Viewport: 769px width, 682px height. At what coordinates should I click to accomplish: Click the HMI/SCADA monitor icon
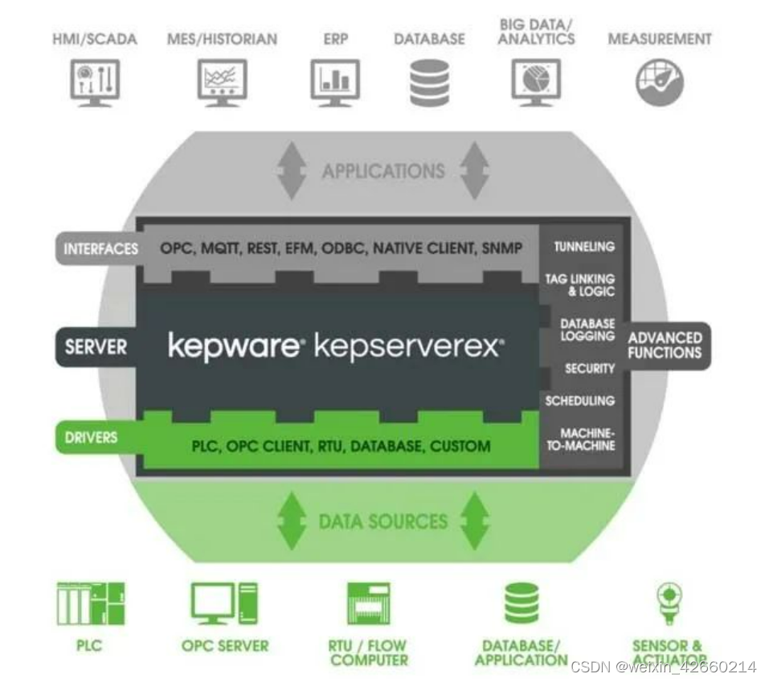96,82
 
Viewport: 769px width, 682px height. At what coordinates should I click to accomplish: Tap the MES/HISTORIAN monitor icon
223,82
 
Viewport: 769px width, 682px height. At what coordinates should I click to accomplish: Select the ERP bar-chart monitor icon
335,82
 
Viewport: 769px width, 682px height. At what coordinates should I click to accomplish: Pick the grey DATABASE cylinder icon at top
430,83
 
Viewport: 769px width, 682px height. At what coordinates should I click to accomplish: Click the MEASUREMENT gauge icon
659,83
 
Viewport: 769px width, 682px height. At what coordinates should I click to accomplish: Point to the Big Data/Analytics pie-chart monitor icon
536,82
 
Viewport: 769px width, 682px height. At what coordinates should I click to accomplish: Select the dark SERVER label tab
96,347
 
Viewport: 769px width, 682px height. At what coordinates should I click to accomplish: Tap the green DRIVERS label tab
91,437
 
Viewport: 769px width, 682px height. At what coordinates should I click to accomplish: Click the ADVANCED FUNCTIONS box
665,345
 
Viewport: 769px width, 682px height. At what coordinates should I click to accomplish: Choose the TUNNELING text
584,247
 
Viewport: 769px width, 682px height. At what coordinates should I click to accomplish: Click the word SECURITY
590,369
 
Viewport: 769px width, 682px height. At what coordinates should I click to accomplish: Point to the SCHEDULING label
580,401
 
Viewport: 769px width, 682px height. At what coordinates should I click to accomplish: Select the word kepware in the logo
234,346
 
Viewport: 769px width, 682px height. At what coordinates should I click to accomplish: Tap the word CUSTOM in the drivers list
460,446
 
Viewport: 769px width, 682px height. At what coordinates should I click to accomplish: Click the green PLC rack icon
91,605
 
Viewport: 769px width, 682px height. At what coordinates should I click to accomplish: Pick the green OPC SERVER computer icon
224,604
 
